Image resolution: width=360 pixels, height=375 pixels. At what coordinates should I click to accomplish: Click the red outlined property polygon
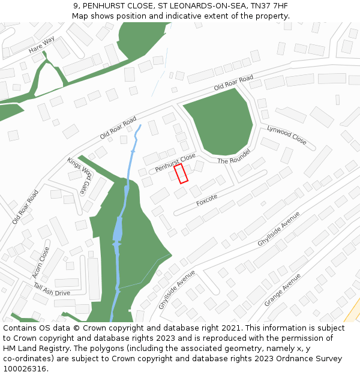[x=181, y=173]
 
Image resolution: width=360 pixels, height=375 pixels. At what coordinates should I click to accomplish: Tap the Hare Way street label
[x=41, y=44]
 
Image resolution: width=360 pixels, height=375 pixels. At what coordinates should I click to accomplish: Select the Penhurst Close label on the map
[x=175, y=162]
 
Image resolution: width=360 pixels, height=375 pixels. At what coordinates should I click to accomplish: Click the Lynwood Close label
[x=287, y=135]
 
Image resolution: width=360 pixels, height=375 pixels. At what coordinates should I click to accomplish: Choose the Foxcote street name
[x=206, y=200]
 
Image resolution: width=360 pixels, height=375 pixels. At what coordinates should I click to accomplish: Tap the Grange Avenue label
[x=282, y=289]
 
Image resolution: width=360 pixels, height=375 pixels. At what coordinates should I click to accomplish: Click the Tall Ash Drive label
[x=52, y=289]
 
